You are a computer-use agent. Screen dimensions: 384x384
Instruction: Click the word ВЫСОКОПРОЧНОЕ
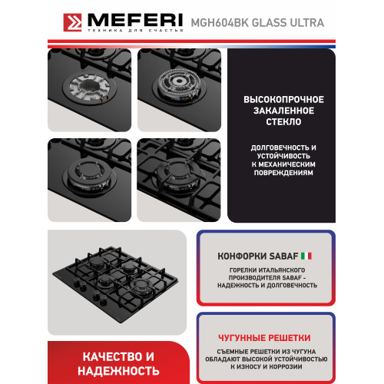pos(283,100)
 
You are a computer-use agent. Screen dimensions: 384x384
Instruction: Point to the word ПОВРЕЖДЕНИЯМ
pos(283,173)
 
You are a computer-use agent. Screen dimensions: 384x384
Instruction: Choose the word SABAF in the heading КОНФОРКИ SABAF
pos(281,254)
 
